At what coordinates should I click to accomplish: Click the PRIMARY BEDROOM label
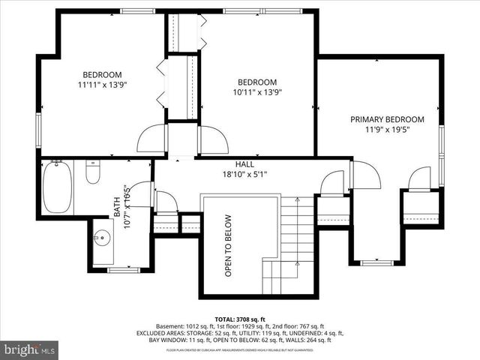point(387,119)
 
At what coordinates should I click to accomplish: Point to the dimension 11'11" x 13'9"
point(102,85)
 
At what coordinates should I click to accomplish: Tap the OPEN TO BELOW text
point(228,246)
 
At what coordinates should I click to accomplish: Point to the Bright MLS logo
point(30,349)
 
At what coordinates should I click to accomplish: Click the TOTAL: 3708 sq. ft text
point(240,318)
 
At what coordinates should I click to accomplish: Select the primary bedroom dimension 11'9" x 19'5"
point(387,130)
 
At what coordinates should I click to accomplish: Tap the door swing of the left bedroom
point(151,139)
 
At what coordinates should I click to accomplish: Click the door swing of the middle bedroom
point(212,140)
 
